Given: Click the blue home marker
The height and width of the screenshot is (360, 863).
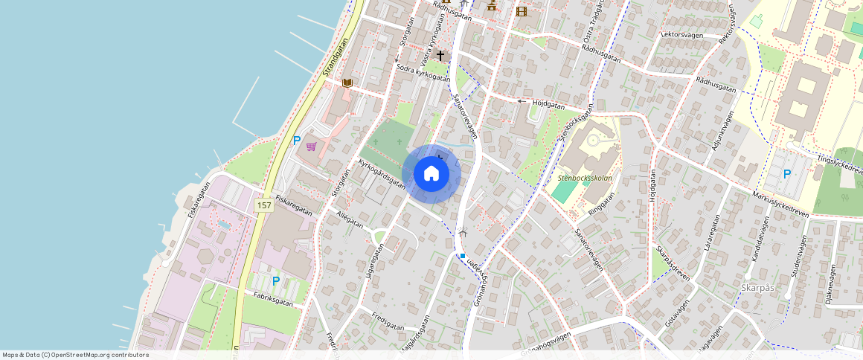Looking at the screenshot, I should (431, 174).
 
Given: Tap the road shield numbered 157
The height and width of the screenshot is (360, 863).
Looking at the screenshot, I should (264, 205).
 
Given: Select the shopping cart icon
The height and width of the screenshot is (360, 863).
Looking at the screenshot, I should (311, 147).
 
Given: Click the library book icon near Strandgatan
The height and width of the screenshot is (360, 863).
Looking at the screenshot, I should (347, 83).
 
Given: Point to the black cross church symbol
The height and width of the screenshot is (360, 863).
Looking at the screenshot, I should (440, 56).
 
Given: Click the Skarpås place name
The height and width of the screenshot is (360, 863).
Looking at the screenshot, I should (758, 287).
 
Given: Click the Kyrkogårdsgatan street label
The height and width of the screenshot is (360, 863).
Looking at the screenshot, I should (382, 173).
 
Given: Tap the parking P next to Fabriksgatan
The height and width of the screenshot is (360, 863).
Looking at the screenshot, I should (275, 281).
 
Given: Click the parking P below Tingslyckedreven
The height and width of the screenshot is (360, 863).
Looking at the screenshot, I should (787, 174).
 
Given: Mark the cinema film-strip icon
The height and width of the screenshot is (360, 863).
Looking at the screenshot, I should (521, 10).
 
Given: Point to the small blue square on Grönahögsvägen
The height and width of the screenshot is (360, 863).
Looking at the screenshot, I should (462, 256).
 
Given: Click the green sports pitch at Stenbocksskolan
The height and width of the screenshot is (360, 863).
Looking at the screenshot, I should (565, 191).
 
